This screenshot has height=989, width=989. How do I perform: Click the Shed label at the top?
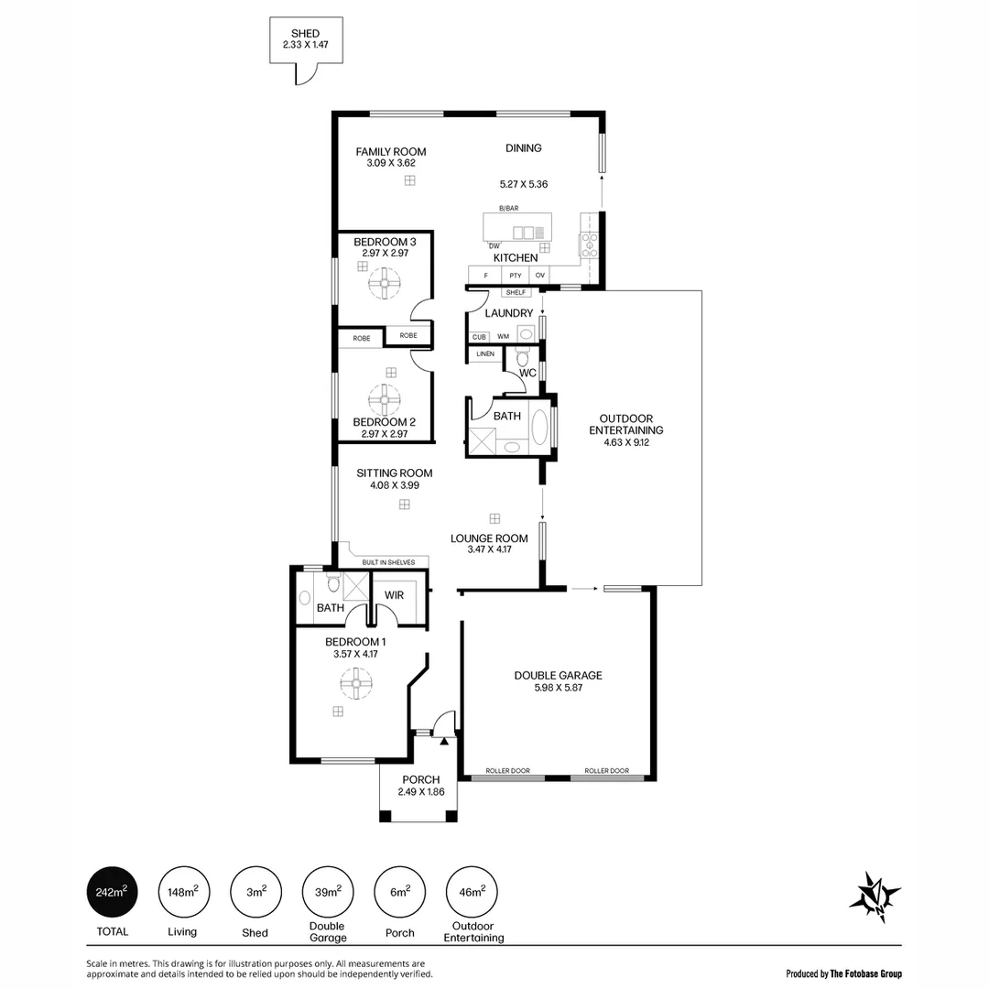tap(305, 34)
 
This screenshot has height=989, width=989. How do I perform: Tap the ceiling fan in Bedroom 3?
tap(384, 283)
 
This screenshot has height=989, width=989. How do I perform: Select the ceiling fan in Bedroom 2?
tap(384, 399)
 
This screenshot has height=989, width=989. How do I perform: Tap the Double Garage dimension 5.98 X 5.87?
tap(558, 687)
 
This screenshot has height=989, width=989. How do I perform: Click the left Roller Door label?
tap(507, 771)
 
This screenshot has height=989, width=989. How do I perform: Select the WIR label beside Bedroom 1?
tap(394, 595)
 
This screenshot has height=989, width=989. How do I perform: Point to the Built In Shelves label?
tap(388, 562)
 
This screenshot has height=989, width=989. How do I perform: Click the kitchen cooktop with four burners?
tap(587, 243)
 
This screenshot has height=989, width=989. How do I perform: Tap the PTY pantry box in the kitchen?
tap(516, 275)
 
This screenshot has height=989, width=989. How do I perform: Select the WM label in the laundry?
tap(503, 337)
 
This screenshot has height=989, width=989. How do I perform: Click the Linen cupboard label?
tap(484, 353)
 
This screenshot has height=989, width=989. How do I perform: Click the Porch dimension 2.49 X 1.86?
tap(421, 792)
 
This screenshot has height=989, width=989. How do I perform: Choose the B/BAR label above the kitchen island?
tap(508, 209)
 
